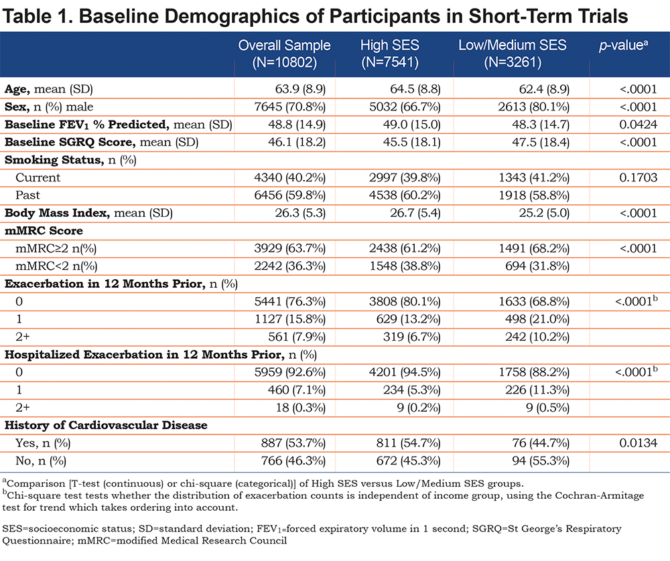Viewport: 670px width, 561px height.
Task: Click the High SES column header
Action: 390,54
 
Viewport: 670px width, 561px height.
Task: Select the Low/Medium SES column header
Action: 513,54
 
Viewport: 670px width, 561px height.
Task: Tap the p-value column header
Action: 623,46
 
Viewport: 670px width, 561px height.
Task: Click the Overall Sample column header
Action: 284,54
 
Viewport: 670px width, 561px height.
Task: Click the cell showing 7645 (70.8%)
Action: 289,106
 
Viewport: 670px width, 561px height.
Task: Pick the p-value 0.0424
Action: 638,125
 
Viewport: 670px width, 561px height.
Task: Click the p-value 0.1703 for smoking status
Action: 638,177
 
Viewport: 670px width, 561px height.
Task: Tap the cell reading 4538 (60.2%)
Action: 405,195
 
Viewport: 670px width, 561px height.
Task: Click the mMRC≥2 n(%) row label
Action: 56,248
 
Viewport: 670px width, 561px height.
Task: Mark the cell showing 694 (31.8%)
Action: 537,266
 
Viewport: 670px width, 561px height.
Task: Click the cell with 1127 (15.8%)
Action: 290,319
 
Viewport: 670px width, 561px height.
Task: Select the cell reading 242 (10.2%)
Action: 537,337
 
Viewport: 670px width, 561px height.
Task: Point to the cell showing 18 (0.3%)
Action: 300,408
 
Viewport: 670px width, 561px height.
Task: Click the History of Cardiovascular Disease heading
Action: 106,425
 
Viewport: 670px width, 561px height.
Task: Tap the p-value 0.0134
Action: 638,443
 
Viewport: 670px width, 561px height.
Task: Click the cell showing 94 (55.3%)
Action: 541,461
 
